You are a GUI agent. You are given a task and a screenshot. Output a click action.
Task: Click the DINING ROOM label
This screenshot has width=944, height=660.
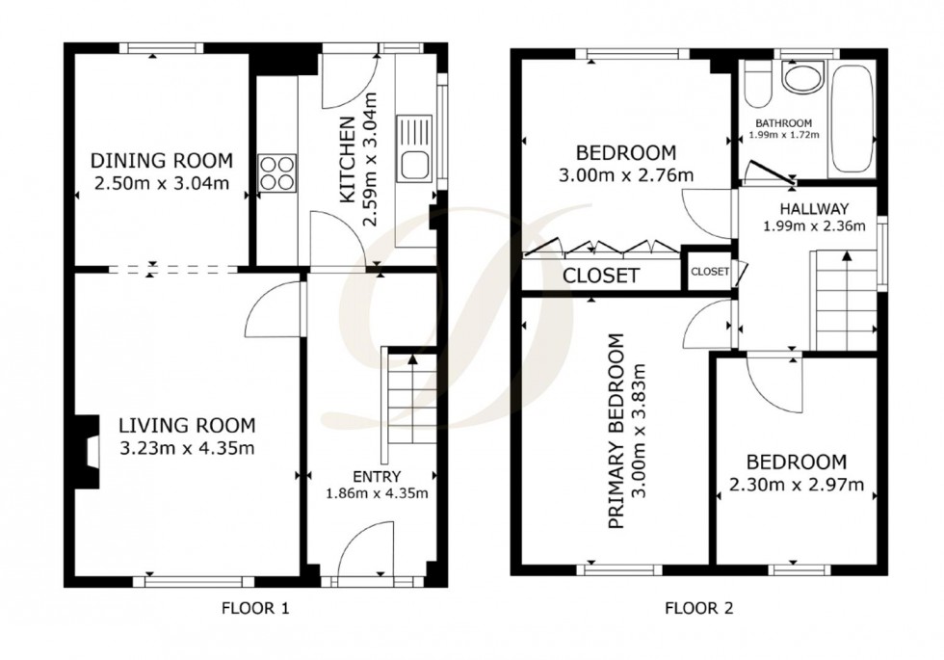click(161, 161)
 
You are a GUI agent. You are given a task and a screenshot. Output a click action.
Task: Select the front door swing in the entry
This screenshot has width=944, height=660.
click(368, 548)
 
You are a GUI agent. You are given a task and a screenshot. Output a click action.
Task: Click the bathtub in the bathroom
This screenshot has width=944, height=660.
click(851, 119)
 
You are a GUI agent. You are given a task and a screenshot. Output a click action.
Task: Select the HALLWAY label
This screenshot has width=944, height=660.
click(814, 208)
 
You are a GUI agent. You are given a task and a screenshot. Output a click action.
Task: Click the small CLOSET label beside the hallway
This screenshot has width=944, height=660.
click(709, 272)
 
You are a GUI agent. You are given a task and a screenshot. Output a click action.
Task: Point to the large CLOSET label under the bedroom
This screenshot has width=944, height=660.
click(601, 276)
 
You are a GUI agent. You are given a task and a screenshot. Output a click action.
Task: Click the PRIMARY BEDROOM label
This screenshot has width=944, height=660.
click(617, 431)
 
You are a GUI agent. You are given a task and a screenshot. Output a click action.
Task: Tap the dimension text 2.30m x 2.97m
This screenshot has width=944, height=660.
click(795, 484)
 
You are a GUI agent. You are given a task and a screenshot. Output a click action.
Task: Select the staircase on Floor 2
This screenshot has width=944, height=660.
click(846, 299)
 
